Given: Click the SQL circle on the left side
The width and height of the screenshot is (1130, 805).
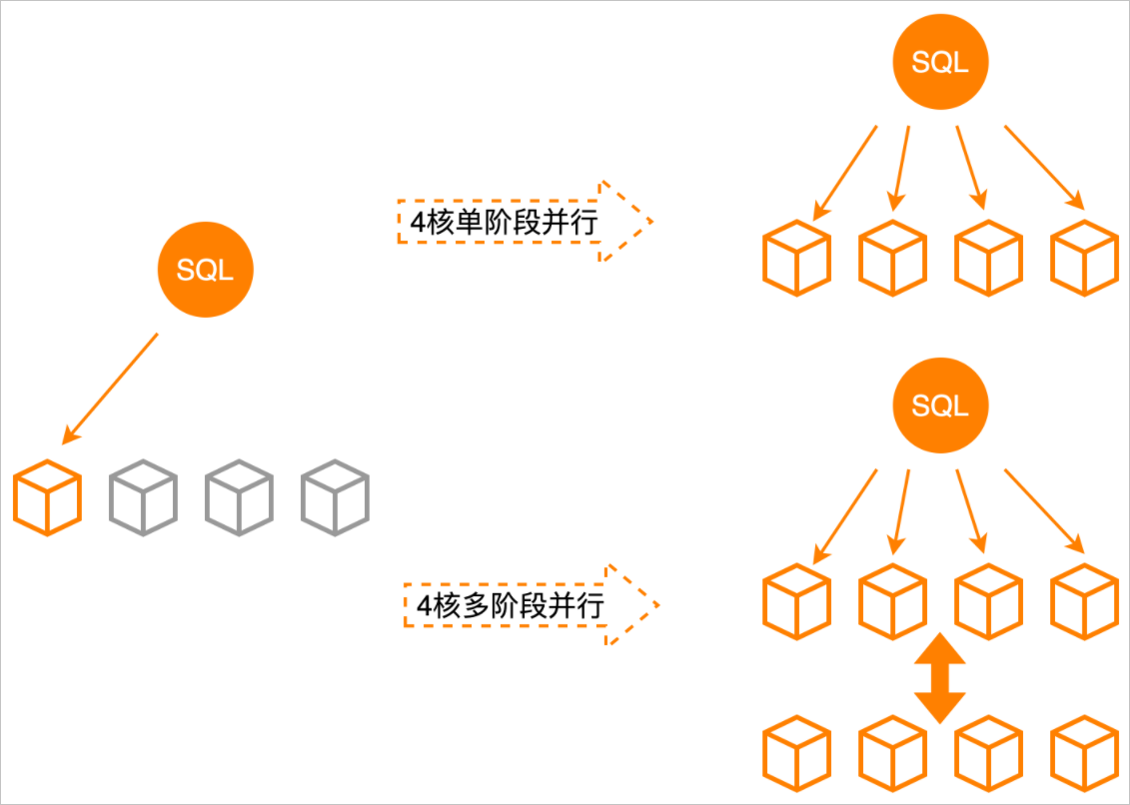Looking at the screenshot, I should [206, 270].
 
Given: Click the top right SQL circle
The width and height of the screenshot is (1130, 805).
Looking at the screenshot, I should [940, 63].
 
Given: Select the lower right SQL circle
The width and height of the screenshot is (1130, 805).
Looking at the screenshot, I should [940, 405].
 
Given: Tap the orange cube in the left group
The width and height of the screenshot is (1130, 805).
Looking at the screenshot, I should [48, 496].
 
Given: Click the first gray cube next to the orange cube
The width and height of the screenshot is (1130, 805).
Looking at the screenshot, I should [143, 496].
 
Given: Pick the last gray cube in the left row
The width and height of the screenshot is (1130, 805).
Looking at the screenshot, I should [335, 496].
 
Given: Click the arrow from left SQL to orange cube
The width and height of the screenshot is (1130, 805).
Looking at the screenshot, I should [111, 388].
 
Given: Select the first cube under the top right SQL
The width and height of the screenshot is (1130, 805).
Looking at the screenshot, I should [797, 258].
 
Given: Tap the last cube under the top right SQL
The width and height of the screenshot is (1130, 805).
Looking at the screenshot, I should [1085, 258].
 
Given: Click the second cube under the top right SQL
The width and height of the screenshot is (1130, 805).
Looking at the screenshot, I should [893, 258].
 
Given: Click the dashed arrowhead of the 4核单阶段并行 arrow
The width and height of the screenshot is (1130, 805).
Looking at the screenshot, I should [627, 222].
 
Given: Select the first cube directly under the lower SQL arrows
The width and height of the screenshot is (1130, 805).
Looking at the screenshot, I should [797, 601].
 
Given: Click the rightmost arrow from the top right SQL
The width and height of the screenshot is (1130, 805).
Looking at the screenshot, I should [1045, 168].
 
